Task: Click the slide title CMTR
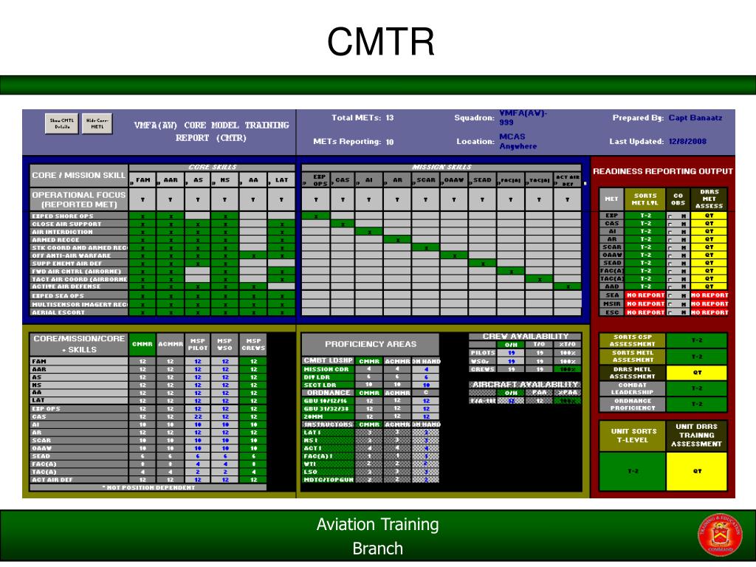click(380, 42)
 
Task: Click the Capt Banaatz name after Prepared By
click(695, 117)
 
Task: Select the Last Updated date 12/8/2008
click(687, 141)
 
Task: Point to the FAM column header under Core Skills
click(142, 179)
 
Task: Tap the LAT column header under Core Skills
click(281, 179)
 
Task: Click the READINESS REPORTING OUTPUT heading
click(662, 171)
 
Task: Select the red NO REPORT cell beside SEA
click(646, 295)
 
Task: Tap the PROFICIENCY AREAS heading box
click(370, 344)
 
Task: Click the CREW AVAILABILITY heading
click(525, 337)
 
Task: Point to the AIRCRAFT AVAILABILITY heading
click(525, 385)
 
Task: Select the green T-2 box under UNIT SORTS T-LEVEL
click(633, 471)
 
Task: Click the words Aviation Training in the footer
click(377, 525)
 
